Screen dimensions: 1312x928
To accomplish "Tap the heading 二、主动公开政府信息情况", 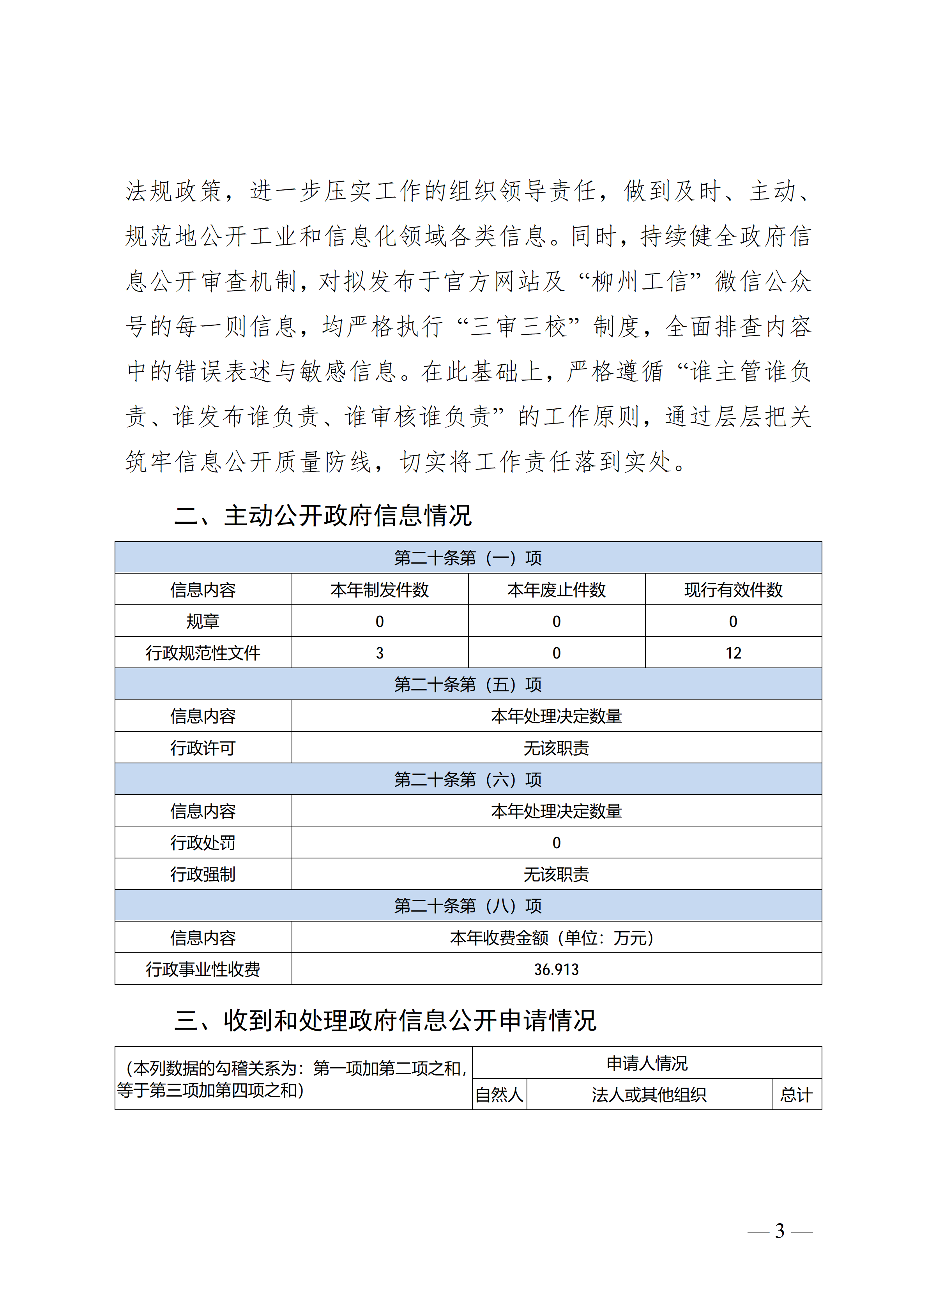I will (x=323, y=516).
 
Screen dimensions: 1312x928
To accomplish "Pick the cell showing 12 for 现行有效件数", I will (x=733, y=653).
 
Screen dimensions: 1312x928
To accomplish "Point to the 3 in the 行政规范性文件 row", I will (x=380, y=653).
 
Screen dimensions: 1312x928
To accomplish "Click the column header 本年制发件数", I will (x=380, y=590).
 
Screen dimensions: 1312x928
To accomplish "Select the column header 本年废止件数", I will (x=556, y=590).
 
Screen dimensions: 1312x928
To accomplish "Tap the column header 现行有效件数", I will (x=733, y=590).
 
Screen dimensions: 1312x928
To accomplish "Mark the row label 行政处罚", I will (x=203, y=842).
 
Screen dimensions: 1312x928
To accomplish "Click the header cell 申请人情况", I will (x=647, y=1063).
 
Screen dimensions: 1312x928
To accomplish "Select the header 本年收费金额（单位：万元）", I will (x=551, y=937).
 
